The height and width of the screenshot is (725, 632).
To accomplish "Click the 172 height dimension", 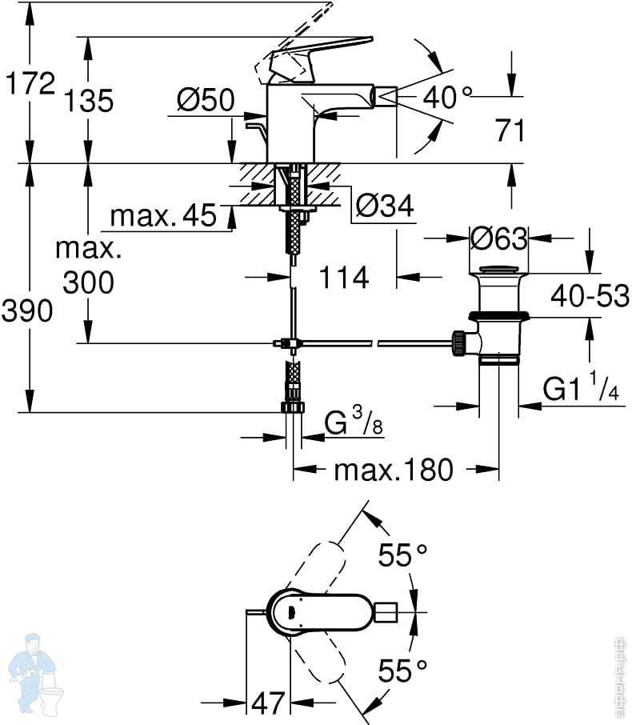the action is tap(30, 84).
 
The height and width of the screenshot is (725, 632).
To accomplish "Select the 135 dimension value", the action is tap(88, 101).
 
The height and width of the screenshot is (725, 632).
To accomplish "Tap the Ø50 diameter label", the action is tap(206, 99).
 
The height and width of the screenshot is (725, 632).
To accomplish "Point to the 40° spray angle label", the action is tap(447, 97).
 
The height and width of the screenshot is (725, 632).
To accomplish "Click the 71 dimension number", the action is tap(510, 130).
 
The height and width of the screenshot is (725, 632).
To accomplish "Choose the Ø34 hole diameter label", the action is tap(385, 206).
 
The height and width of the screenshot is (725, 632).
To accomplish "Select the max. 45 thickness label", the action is tap(163, 215).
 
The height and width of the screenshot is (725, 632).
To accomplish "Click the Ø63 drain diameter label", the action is tap(499, 238).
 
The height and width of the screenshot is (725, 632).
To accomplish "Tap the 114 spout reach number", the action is tap(344, 277).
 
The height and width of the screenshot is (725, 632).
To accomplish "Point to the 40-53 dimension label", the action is tap(590, 295).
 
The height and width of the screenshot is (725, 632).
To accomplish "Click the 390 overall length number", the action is tap(27, 310).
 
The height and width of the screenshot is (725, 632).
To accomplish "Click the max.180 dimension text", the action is tap(394, 470).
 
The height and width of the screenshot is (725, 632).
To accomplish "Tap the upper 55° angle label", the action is tap(402, 555).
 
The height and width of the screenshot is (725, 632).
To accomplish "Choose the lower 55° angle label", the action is tap(402, 671).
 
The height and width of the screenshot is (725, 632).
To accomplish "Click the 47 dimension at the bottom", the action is tap(268, 703).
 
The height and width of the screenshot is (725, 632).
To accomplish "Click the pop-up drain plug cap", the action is tap(498, 270).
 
